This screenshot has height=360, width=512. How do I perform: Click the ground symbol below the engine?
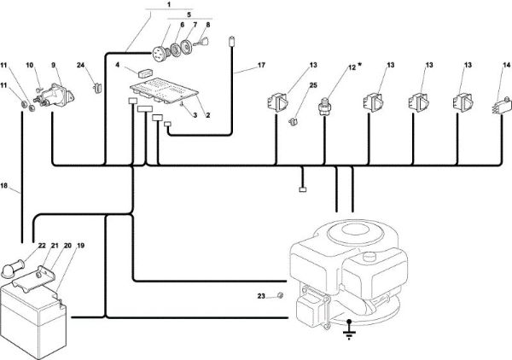(349, 330)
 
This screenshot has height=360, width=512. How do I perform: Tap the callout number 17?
(261, 66)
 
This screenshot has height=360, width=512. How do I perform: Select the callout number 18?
(4, 186)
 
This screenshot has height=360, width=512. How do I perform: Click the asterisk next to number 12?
(359, 65)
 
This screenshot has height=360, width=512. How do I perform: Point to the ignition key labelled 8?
(201, 42)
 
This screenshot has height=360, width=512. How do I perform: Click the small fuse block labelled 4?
(145, 73)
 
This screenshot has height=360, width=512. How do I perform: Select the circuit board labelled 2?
(164, 90)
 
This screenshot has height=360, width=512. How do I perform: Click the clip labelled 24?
(97, 88)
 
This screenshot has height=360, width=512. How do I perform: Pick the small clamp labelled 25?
(294, 122)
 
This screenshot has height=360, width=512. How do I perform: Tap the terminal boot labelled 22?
(14, 268)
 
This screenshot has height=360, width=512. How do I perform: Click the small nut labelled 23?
(280, 296)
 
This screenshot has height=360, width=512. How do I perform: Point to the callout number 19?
(80, 245)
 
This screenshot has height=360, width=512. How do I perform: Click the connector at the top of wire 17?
(232, 42)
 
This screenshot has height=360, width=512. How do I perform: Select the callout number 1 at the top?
(169, 4)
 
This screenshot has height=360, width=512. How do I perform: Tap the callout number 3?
(195, 115)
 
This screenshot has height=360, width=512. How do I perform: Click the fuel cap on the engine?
(369, 255)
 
